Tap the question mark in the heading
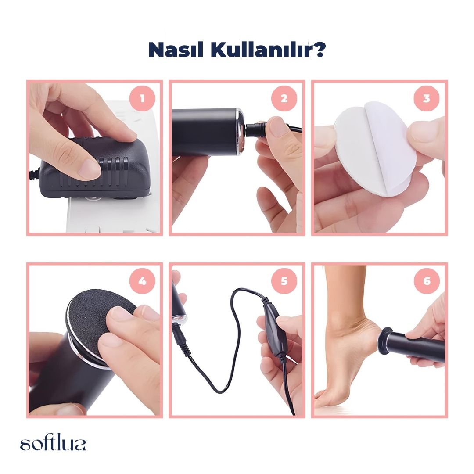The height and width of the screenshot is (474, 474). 318,50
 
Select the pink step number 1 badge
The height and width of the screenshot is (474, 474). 142,98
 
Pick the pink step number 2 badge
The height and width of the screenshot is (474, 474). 284,98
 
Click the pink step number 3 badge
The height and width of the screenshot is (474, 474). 427,98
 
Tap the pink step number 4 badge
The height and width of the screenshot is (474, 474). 142,281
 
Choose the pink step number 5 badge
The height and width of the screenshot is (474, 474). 284,281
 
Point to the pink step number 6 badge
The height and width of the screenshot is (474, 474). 427,281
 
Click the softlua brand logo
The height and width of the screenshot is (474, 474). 53,443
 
